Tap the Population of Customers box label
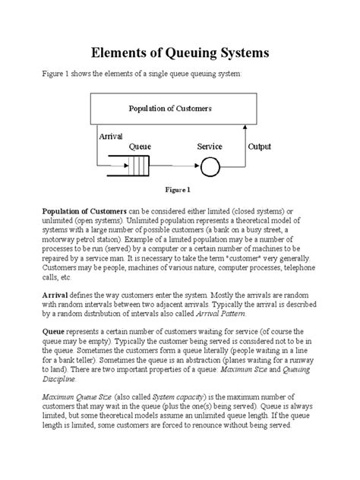(169, 109)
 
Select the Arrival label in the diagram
(111, 136)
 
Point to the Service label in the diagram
(213, 146)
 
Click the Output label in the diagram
(261, 146)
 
